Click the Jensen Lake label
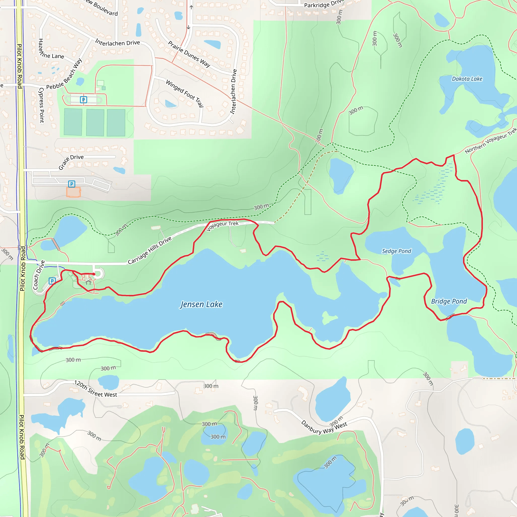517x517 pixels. (x=201, y=304)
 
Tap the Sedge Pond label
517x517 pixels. (x=396, y=251)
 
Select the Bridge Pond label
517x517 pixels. (x=449, y=301)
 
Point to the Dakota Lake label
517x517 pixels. (x=467, y=79)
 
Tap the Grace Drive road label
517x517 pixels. (x=71, y=162)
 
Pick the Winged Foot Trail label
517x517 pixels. (x=185, y=93)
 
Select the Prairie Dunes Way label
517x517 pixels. (x=189, y=54)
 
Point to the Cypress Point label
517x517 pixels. (x=41, y=105)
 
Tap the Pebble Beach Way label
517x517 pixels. (x=64, y=74)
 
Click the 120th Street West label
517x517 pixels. (x=95, y=389)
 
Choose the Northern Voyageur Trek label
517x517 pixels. (x=490, y=141)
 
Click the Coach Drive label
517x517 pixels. (x=39, y=275)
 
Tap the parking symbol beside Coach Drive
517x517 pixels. (x=52, y=281)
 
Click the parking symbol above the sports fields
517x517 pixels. (x=84, y=100)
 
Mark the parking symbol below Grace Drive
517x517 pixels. (x=71, y=184)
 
